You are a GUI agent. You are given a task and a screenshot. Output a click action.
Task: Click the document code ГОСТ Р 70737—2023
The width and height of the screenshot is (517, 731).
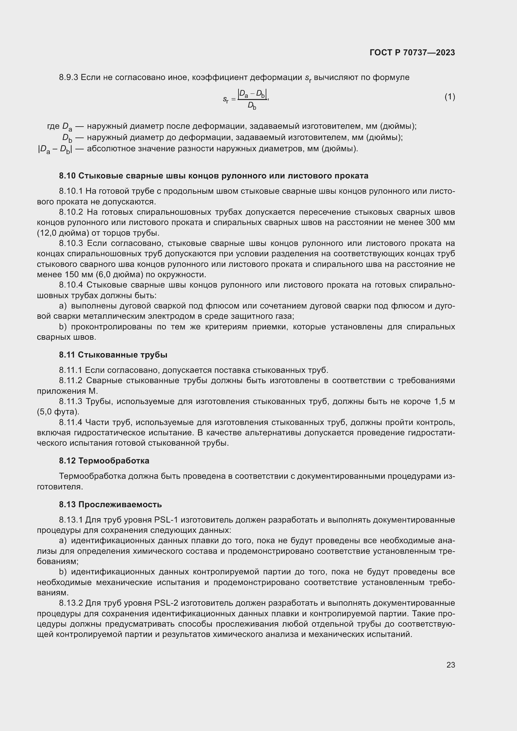click(412, 53)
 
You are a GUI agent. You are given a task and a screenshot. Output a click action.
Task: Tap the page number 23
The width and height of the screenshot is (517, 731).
click(450, 665)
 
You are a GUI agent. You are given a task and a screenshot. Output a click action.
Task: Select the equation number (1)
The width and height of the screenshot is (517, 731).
click(449, 97)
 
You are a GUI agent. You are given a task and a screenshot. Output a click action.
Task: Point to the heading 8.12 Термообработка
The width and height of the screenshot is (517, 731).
click(104, 461)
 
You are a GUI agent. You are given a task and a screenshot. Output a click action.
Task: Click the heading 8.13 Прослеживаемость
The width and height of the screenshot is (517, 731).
click(110, 504)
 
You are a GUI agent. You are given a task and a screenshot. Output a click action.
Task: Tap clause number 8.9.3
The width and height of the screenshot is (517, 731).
click(68, 78)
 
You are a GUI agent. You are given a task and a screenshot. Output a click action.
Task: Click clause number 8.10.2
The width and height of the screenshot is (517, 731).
click(71, 212)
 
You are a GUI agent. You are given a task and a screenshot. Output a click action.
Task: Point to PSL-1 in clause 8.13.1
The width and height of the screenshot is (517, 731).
click(166, 520)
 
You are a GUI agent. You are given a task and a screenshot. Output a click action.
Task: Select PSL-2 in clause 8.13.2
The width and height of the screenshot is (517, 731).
click(166, 603)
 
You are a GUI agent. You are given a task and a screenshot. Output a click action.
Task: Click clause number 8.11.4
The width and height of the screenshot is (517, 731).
click(70, 422)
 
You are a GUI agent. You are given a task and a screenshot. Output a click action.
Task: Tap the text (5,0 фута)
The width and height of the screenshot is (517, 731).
click(58, 412)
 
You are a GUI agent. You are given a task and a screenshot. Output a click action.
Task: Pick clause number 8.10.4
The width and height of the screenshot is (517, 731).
click(71, 285)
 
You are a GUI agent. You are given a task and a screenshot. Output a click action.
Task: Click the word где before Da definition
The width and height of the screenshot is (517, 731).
click(53, 126)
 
